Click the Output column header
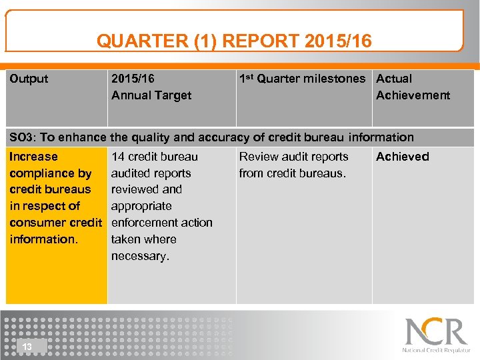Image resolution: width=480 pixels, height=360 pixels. click(x=29, y=79)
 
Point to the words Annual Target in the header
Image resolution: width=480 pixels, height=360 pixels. click(x=151, y=95)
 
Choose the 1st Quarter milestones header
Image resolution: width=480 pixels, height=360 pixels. click(x=302, y=79)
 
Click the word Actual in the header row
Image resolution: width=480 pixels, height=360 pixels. click(x=394, y=79)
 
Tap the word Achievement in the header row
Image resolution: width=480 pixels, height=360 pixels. click(x=413, y=95)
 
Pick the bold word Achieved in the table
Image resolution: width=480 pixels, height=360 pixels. click(x=403, y=157)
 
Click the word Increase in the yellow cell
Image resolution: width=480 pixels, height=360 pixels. click(x=33, y=157)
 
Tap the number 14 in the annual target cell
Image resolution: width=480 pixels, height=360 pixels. click(x=118, y=157)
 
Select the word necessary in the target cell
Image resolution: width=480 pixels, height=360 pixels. click(x=140, y=256)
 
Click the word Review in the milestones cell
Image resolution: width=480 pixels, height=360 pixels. click(x=257, y=157)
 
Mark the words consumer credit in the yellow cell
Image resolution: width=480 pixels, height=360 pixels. click(x=55, y=223)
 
